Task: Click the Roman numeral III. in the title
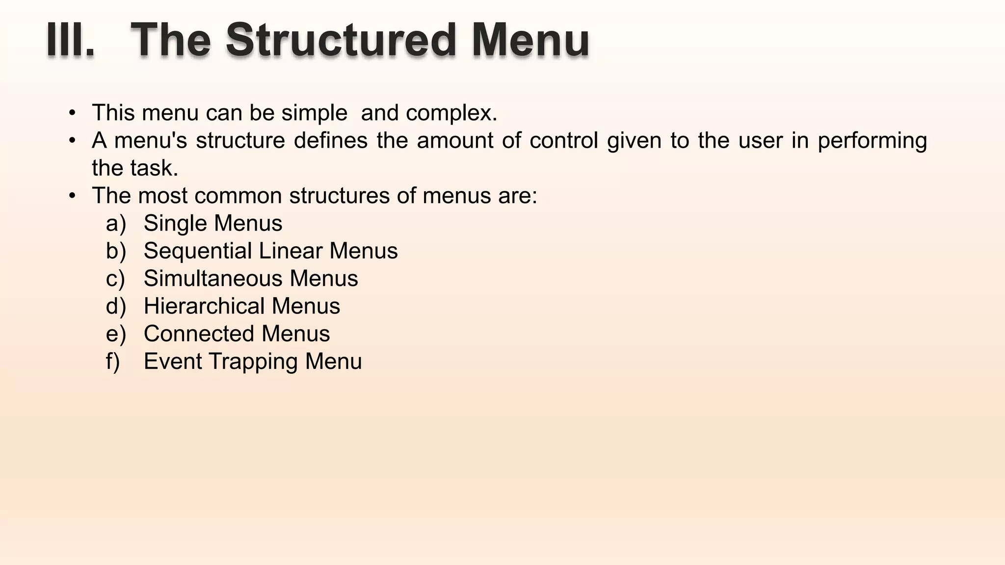(x=71, y=41)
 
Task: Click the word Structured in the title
(x=342, y=41)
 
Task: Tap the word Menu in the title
(x=530, y=41)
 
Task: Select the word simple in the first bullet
(x=314, y=113)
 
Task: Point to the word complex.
(x=451, y=113)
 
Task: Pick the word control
(x=563, y=141)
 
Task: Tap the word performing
(x=872, y=141)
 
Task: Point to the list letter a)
(x=116, y=224)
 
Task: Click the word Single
(x=174, y=224)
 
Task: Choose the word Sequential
(x=197, y=251)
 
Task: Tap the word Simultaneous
(x=212, y=279)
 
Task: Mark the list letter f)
(x=113, y=361)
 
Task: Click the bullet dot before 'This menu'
(x=73, y=113)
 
